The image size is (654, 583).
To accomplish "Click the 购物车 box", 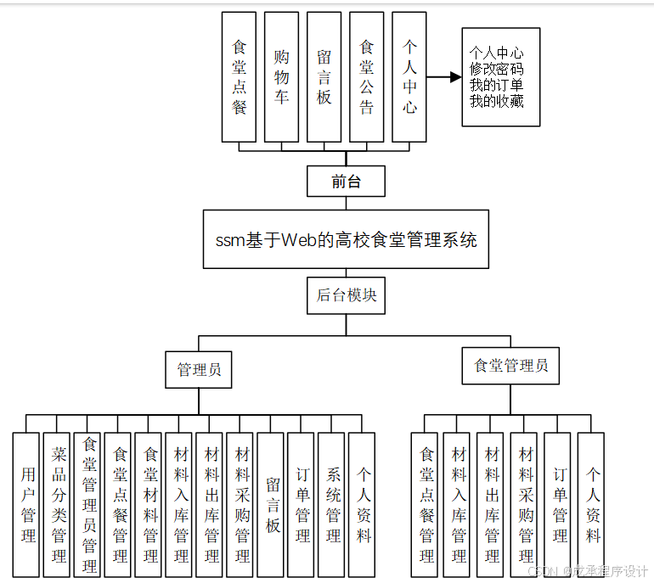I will (x=281, y=76).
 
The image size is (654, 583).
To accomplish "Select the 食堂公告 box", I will (x=367, y=76).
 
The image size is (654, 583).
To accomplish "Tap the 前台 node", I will (x=346, y=181).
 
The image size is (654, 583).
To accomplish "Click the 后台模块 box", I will (x=346, y=295).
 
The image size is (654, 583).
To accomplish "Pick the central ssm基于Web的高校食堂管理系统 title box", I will (x=346, y=240).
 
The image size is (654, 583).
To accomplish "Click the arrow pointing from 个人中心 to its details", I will (x=443, y=77).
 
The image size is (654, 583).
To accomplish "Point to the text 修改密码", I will (x=497, y=69).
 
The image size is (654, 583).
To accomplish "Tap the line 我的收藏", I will (x=497, y=102).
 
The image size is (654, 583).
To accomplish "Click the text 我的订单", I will (x=497, y=86).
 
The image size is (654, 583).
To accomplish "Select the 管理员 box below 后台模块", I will (x=199, y=370).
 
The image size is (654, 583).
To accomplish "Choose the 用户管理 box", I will (x=28, y=505).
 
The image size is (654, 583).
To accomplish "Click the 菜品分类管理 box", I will (x=59, y=505).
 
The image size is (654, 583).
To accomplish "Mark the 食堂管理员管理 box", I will (x=89, y=505).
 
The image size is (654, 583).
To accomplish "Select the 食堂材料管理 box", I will (x=150, y=505).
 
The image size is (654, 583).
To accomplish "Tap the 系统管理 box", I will (x=334, y=505).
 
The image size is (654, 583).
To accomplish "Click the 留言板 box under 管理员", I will (x=273, y=505).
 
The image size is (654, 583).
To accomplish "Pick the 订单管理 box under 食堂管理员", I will (x=560, y=505).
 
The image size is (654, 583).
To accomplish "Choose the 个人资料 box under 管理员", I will (x=364, y=505).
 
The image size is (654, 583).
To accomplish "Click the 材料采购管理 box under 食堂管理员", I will (x=527, y=505).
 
